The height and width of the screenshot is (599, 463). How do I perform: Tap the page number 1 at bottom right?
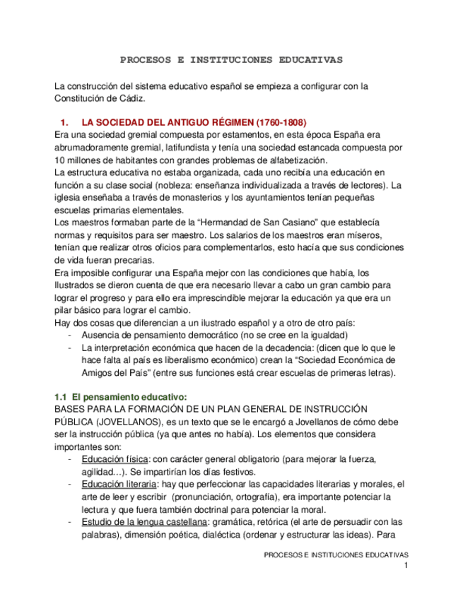(406, 567)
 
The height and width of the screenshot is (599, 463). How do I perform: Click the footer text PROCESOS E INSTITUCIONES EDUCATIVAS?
(336, 555)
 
